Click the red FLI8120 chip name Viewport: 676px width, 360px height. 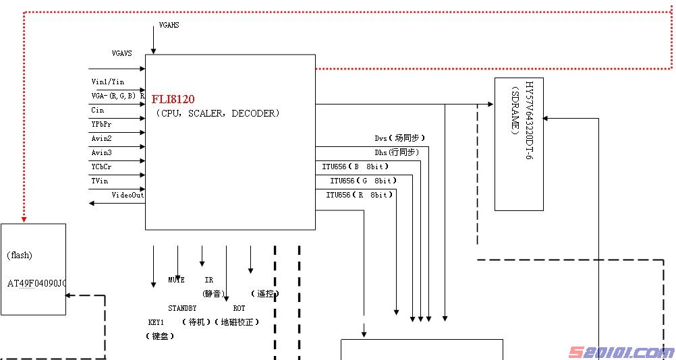pyautogui.click(x=173, y=99)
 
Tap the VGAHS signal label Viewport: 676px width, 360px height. pyautogui.click(x=169, y=25)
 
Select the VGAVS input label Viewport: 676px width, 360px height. pyautogui.click(x=122, y=53)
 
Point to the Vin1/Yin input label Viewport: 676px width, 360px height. pyautogui.click(x=108, y=82)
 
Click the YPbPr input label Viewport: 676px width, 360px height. pyautogui.click(x=102, y=124)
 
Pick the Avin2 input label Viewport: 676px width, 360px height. pyautogui.click(x=102, y=138)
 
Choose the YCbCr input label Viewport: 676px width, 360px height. pyautogui.click(x=102, y=167)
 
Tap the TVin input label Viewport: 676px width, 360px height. pyautogui.click(x=100, y=181)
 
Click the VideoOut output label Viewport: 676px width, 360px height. pyautogui.click(x=128, y=195)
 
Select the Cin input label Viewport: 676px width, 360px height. pyautogui.click(x=98, y=110)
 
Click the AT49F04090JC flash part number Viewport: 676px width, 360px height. pyautogui.click(x=36, y=283)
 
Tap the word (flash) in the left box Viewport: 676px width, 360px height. pyautogui.click(x=20, y=255)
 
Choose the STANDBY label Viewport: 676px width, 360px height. pyautogui.click(x=182, y=308)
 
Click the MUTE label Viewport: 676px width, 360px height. pyautogui.click(x=176, y=280)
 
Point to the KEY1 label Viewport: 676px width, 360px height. pyautogui.click(x=156, y=322)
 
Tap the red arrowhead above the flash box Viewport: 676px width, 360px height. pyautogui.click(x=24, y=218)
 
